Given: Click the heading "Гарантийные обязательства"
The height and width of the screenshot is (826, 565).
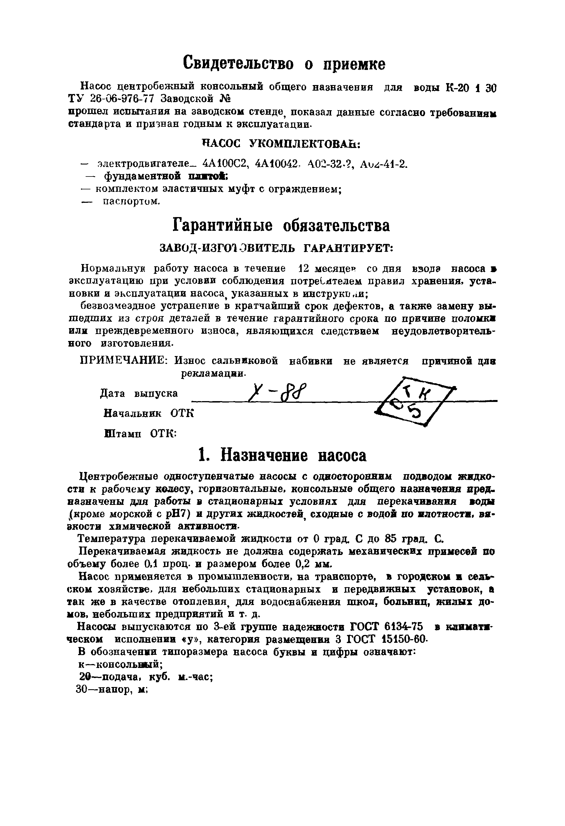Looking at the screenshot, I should (x=281, y=225).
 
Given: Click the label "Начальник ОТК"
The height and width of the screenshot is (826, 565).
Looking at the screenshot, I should (x=148, y=413).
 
